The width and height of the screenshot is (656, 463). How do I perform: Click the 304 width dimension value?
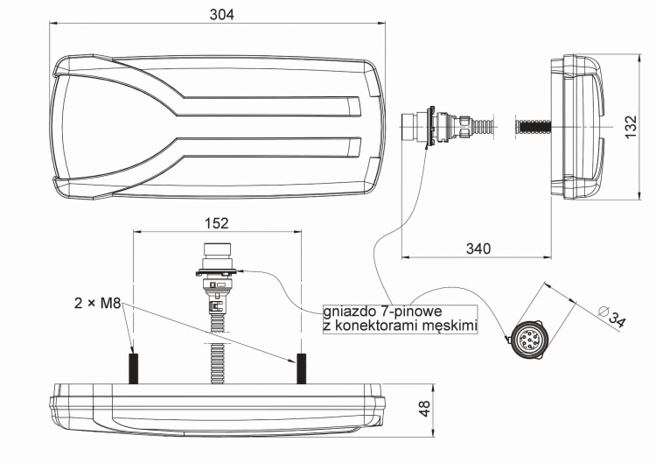222,15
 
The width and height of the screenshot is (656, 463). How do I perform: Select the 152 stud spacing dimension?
217,223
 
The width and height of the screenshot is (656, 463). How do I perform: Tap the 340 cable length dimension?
478,249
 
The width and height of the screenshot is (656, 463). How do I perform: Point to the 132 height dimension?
630,127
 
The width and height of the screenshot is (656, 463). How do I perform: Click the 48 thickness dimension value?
424,409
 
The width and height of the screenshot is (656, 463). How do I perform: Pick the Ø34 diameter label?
612,317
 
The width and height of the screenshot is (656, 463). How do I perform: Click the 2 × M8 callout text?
97,303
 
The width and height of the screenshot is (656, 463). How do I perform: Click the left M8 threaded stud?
134,368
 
